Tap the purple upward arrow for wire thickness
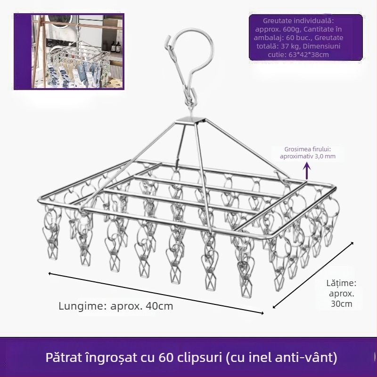[306, 170]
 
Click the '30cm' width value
[342, 303]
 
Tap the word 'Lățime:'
[341, 283]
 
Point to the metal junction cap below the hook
[192, 120]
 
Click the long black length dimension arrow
[156, 292]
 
